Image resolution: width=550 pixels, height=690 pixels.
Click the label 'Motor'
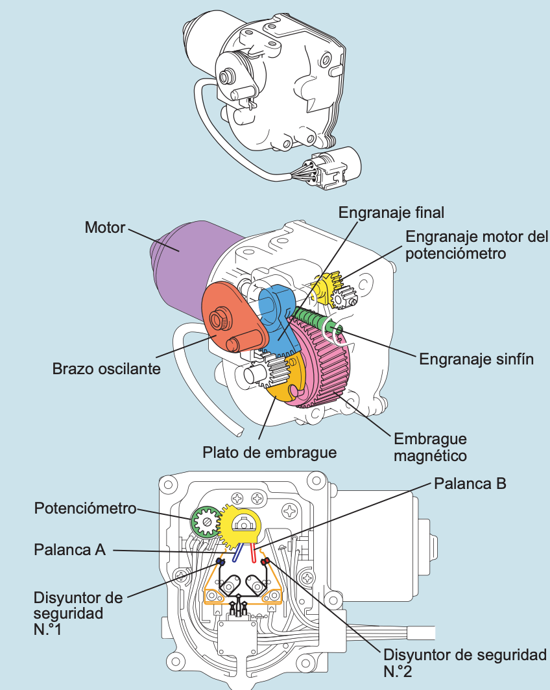click(104, 228)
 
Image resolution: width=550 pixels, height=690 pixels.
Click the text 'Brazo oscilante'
click(106, 369)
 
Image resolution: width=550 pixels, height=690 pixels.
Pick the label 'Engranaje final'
click(392, 212)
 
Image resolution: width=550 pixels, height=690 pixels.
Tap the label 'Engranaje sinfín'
click(477, 359)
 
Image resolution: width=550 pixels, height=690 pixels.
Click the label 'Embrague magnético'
click(429, 447)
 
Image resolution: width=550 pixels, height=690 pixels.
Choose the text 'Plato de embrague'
click(270, 452)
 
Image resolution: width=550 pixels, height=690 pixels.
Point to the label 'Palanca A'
click(69, 550)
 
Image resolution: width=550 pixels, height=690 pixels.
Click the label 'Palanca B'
click(470, 483)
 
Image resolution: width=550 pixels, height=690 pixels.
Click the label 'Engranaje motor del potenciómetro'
click(477, 245)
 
